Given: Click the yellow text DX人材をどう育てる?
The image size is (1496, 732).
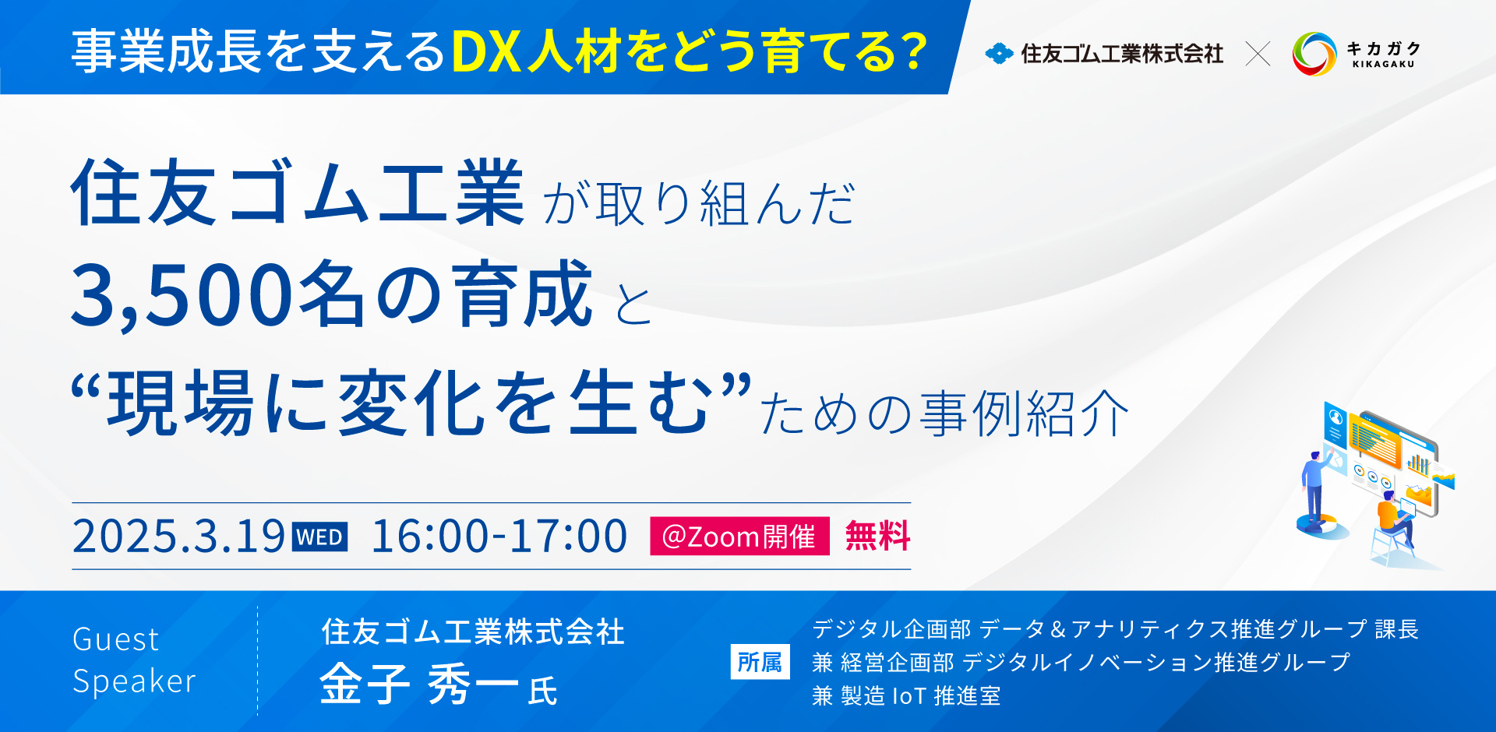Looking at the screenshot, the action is (690, 52).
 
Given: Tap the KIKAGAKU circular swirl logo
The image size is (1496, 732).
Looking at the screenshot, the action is (1314, 54).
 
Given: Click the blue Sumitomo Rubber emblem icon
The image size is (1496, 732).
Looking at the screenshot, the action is (999, 54).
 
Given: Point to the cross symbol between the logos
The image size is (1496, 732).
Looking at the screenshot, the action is (1258, 54).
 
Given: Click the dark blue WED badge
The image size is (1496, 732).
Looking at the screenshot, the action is (319, 537).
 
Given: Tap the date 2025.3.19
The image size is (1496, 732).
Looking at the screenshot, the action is (178, 537).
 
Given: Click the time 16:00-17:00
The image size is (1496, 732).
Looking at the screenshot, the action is (499, 537).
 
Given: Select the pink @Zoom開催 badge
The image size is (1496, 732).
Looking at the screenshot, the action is (739, 537).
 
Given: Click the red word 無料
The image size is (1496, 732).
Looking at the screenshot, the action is (877, 537).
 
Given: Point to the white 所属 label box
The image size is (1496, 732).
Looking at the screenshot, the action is (760, 662).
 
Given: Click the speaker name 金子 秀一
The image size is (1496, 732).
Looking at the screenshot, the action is (419, 684).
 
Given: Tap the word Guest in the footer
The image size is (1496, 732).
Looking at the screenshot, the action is (115, 639).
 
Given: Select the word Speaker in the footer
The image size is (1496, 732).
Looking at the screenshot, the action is (134, 681).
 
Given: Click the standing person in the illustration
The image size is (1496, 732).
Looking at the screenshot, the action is (1316, 487).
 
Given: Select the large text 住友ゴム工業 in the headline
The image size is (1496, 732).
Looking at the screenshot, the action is (298, 193).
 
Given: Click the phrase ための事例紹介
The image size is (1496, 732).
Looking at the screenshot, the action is (944, 414).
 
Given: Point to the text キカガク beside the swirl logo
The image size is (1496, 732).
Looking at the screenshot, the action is (1384, 48).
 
